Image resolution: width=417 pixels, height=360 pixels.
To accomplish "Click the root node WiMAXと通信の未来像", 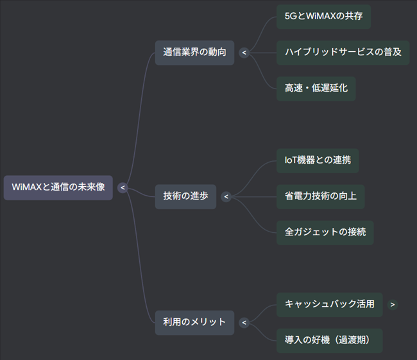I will [58, 187].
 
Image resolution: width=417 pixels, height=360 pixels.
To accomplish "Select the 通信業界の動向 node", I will [194, 53].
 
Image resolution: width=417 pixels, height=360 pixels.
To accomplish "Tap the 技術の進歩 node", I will [185, 196].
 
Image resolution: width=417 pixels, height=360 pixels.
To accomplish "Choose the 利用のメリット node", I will [194, 322].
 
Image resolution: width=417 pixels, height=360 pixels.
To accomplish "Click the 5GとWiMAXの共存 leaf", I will [323, 16].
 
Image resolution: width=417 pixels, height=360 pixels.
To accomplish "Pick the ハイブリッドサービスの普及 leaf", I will [343, 52].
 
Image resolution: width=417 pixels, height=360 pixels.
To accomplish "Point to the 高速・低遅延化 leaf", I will [316, 88].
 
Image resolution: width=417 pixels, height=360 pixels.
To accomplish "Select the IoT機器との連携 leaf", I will [318, 160].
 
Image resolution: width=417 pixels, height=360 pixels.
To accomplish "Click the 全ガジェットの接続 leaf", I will [325, 232].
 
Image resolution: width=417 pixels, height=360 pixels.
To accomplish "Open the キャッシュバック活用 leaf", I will [329, 304].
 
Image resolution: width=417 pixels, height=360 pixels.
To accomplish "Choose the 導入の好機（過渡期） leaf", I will [329, 340].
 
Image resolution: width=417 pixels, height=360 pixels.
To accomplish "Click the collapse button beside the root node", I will [123, 187].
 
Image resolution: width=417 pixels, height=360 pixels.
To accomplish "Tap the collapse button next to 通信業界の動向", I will [244, 53].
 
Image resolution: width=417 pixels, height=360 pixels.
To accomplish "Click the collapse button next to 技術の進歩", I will [226, 196].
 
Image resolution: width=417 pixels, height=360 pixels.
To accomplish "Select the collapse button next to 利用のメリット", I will [244, 322].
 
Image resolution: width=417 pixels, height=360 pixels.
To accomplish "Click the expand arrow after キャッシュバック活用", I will [393, 304].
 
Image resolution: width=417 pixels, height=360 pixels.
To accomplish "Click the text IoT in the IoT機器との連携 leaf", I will [292, 160].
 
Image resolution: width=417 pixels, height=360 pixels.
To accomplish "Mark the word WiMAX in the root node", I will [26, 187].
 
